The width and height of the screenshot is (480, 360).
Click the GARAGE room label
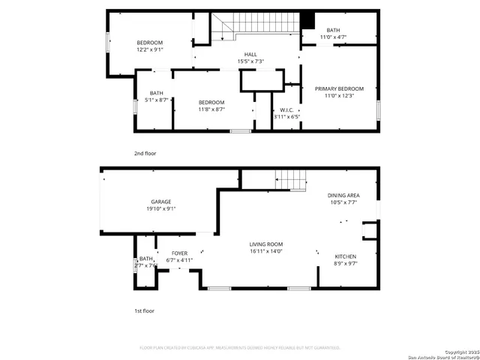click(x=161, y=202)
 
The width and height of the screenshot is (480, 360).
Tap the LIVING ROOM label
click(x=266, y=244)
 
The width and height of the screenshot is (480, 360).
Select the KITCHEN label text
click(x=345, y=257)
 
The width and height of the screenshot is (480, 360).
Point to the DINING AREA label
click(x=343, y=196)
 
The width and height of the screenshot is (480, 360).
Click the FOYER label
click(x=179, y=253)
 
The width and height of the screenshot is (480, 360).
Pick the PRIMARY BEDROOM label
click(x=339, y=88)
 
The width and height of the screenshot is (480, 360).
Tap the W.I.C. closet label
click(x=286, y=109)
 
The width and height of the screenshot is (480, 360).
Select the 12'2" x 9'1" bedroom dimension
click(x=150, y=49)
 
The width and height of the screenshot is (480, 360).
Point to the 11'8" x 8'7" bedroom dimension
click(x=211, y=109)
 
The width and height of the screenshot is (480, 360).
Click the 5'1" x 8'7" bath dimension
click(x=156, y=100)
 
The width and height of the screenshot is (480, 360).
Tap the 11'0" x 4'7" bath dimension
click(x=333, y=37)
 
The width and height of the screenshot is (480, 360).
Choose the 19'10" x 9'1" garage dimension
click(x=161, y=208)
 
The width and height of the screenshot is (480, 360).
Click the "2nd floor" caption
click(x=145, y=153)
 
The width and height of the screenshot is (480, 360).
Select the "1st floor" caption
click(x=145, y=310)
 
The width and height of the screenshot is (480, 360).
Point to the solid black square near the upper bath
click(x=307, y=20)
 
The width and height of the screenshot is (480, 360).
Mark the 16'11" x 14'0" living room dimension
click(x=266, y=252)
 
